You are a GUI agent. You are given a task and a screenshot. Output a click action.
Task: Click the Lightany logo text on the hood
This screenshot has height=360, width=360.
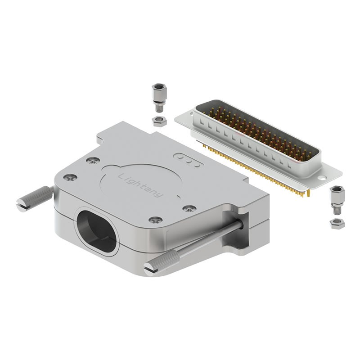coord(141,186)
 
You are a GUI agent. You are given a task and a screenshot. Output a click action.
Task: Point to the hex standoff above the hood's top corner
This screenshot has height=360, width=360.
coord(159,98)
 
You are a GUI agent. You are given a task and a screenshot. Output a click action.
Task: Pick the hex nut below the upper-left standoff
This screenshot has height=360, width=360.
coord(159,121)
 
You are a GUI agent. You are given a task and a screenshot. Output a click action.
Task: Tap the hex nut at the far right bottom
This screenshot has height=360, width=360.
coord(337,224)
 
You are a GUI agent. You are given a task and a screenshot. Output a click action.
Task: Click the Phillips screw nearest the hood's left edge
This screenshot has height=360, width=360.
coord(70,177)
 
